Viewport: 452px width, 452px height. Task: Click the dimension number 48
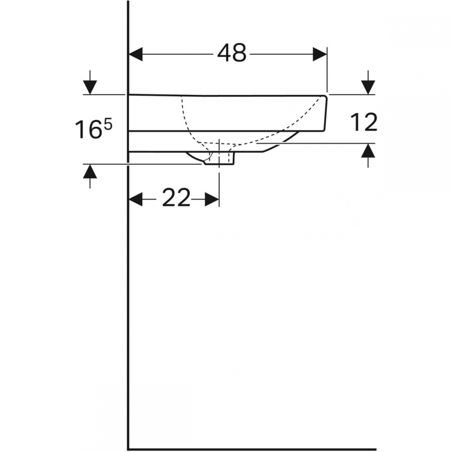(232, 53)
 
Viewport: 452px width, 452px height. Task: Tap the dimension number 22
(176, 198)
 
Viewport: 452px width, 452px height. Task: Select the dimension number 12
(364, 122)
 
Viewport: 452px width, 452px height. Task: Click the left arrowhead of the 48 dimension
(136, 54)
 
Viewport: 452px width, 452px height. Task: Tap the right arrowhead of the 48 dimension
(320, 54)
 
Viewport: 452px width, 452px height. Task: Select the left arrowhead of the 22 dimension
(136, 199)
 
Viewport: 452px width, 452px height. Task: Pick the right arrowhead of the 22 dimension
(212, 199)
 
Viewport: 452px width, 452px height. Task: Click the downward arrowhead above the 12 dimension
(368, 87)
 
